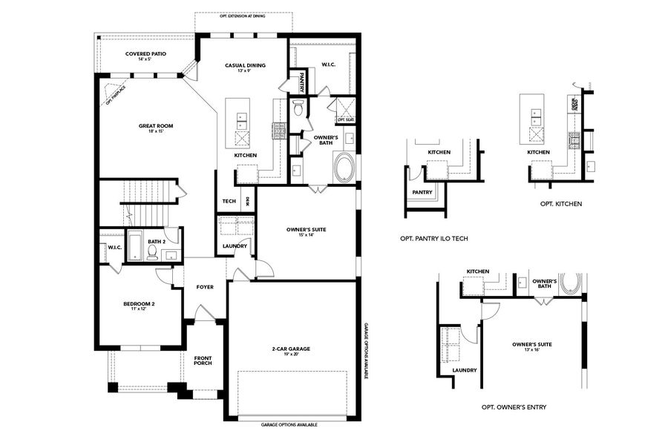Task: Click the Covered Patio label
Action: (x=145, y=54)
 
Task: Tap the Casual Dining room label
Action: (x=245, y=65)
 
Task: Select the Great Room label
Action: (x=156, y=126)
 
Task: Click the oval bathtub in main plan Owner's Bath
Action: (x=344, y=167)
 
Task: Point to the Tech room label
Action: (x=229, y=201)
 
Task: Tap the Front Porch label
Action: (x=203, y=360)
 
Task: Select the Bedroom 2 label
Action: (x=139, y=303)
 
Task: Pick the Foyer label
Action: (x=205, y=287)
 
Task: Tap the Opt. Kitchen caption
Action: (x=560, y=203)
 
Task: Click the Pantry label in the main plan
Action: (x=303, y=81)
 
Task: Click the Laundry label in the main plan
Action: (x=235, y=245)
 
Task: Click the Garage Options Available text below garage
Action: (x=289, y=425)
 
